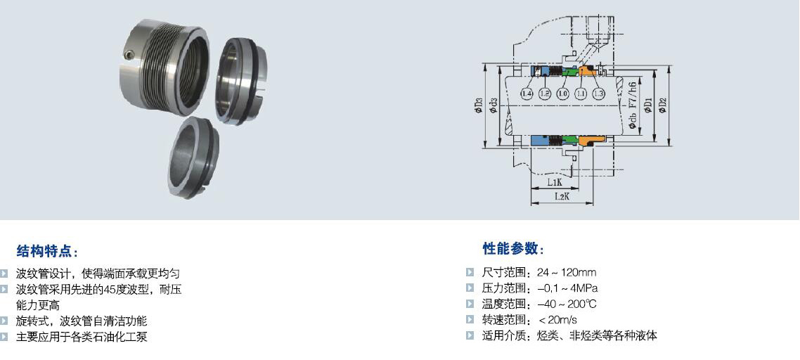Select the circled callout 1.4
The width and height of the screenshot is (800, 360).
[527, 94]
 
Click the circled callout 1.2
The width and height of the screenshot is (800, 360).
[544, 94]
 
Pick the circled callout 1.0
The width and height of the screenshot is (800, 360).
[562, 94]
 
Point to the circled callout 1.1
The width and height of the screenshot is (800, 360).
[581, 94]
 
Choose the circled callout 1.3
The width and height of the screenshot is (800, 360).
[599, 94]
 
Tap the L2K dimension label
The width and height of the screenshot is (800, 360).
[561, 197]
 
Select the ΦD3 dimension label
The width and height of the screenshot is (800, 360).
[479, 105]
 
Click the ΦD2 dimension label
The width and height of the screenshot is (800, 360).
[662, 105]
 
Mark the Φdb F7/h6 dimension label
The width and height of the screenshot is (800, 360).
[633, 105]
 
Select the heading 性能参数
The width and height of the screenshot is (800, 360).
[513, 248]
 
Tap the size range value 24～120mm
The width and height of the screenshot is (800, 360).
[567, 272]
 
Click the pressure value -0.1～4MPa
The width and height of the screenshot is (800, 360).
[567, 288]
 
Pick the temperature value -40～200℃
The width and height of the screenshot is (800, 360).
[567, 304]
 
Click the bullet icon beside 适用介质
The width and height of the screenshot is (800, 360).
[470, 335]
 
